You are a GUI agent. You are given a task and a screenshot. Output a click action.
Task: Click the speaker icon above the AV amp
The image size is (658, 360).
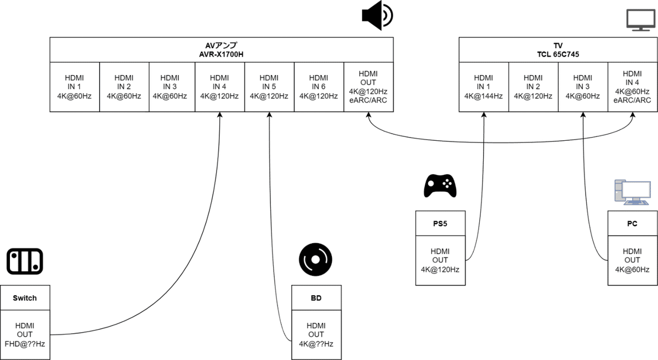[377, 15]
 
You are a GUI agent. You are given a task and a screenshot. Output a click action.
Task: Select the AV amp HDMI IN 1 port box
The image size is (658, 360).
[75, 88]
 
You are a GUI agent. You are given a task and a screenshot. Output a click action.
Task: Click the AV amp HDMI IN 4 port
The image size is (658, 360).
[219, 88]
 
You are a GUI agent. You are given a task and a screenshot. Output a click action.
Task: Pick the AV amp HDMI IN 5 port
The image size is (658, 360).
[269, 88]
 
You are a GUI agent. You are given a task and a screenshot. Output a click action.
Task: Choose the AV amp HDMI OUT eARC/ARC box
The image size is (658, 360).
[368, 88]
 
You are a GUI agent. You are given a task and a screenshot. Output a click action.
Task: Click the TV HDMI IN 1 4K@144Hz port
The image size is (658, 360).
[484, 88]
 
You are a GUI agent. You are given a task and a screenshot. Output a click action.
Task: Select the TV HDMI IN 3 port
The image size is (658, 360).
[583, 88]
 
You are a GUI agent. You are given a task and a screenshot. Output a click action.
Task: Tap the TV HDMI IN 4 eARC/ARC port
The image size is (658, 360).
[632, 88]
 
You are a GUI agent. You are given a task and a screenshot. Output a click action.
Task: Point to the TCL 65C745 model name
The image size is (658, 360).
[558, 54]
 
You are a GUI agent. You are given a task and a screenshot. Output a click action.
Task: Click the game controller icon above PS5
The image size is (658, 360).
[440, 186]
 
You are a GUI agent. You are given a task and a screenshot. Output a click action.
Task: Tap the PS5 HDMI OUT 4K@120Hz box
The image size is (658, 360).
[440, 260]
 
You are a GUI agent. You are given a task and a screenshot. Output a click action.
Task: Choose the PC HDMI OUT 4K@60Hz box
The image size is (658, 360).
[632, 260]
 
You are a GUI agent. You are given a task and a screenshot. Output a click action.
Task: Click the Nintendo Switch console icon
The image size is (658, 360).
[25, 261]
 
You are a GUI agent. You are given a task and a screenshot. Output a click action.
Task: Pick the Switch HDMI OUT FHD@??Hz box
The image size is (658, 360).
[25, 334]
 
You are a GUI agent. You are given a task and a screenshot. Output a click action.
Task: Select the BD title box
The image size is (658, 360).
[316, 298]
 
